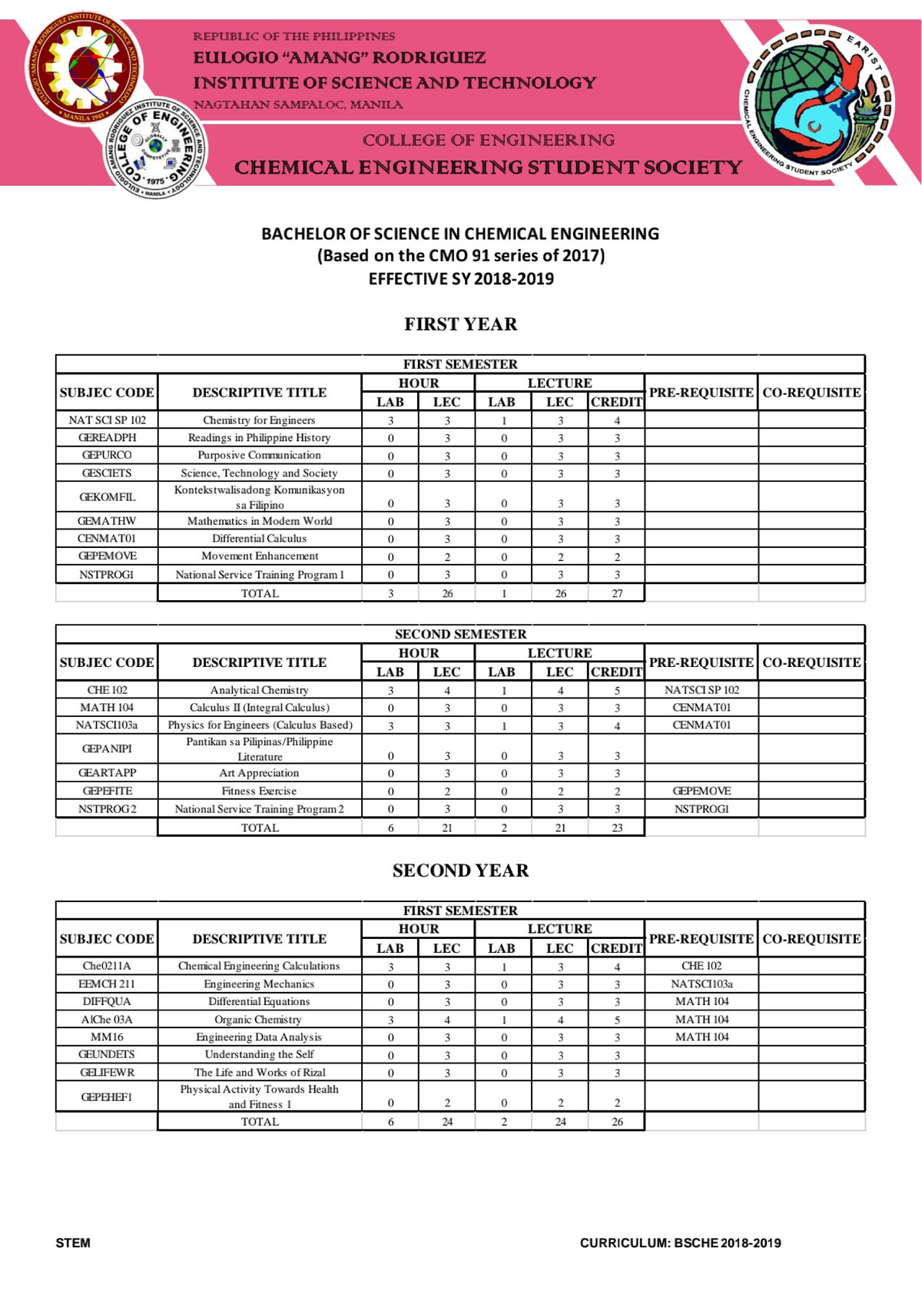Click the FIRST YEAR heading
[460, 324]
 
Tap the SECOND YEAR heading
[460, 871]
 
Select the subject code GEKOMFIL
[107, 497]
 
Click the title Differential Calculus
[259, 539]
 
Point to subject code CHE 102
[107, 690]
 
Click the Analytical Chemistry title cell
[259, 690]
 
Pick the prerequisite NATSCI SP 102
[701, 690]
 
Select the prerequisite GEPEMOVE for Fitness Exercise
[701, 791]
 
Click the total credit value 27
[617, 593]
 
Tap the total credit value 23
[617, 828]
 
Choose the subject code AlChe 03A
[107, 1020]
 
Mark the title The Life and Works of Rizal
[259, 1073]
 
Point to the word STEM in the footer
[73, 1243]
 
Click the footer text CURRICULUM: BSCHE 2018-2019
[680, 1243]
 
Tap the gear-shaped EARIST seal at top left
[81, 69]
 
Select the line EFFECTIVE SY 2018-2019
[460, 279]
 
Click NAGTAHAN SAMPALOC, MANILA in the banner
[297, 105]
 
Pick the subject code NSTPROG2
[107, 809]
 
